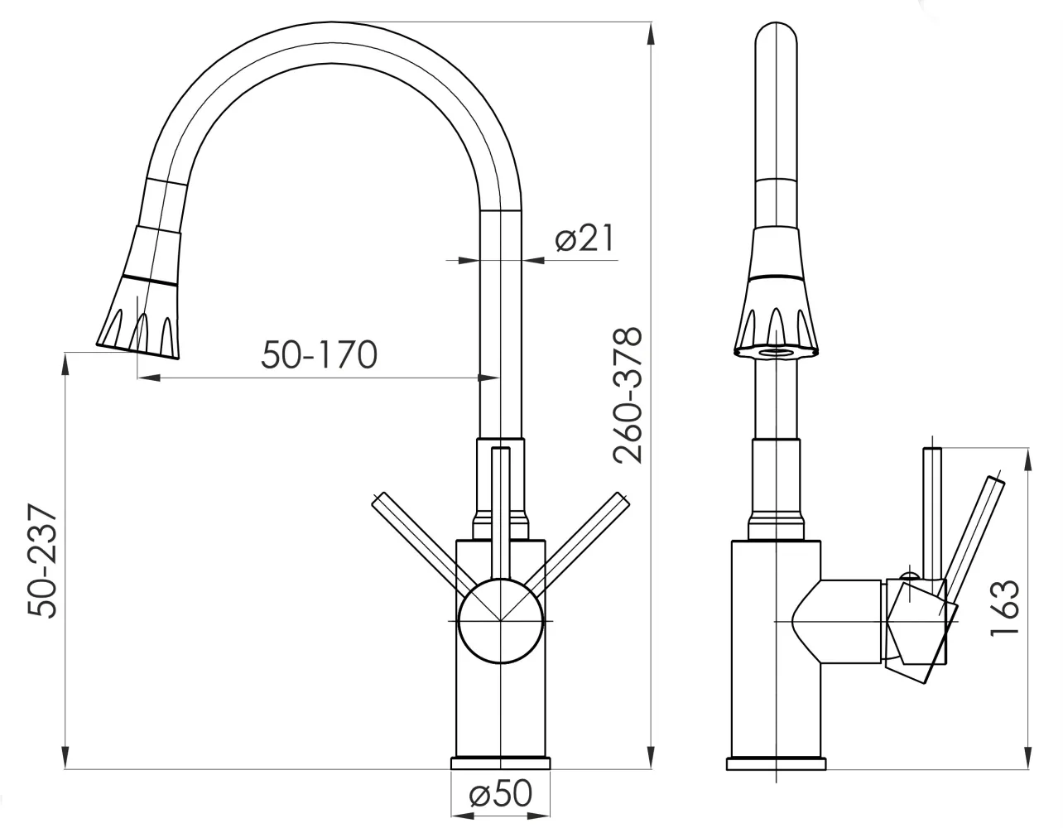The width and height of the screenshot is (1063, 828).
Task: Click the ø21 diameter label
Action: pyautogui.click(x=584, y=238)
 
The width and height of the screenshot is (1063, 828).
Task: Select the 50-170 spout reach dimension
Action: pyautogui.click(x=320, y=354)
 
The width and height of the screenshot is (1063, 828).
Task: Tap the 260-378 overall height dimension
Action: pyautogui.click(x=628, y=395)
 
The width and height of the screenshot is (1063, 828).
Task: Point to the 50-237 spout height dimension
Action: pyautogui.click(x=42, y=561)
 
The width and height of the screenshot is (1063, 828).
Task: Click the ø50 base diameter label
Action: pyautogui.click(x=500, y=793)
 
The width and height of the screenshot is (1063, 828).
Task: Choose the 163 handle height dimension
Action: pyautogui.click(x=1004, y=608)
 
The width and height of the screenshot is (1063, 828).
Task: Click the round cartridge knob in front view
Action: pyautogui.click(x=500, y=621)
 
